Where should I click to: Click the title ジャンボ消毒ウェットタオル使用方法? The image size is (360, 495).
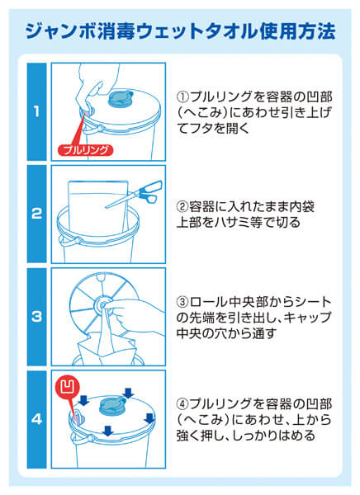(180, 31)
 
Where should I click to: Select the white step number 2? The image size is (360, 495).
(36, 213)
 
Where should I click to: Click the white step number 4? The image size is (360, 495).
(36, 418)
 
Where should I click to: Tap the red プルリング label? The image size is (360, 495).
(85, 150)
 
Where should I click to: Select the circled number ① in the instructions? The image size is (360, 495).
(185, 95)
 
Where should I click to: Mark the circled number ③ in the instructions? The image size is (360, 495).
(185, 303)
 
